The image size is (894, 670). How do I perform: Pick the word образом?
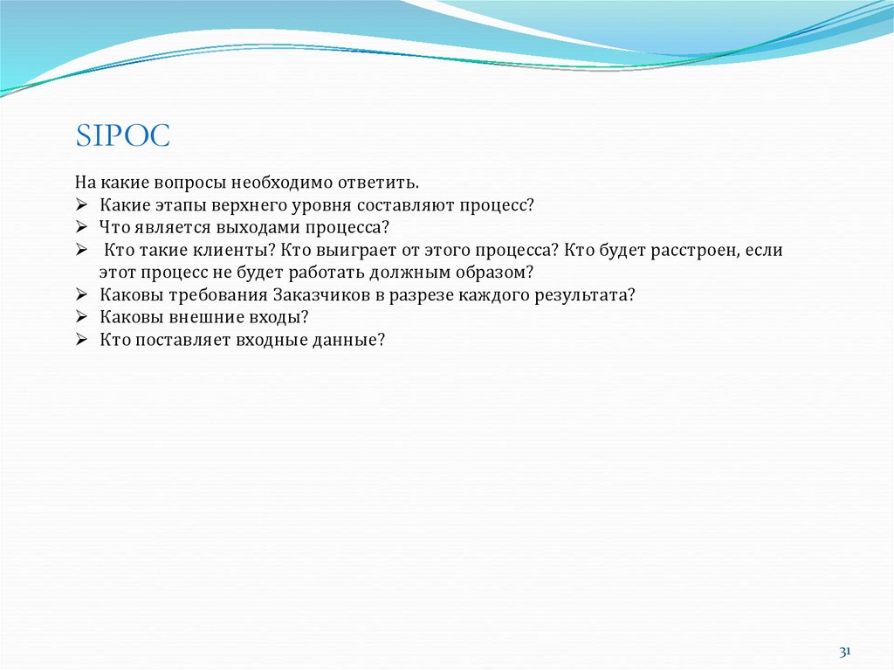(x=495, y=273)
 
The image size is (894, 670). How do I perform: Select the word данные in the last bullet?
(x=348, y=340)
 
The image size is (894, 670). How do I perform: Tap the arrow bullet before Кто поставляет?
(x=79, y=340)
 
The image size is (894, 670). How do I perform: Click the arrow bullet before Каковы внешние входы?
(x=79, y=317)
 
